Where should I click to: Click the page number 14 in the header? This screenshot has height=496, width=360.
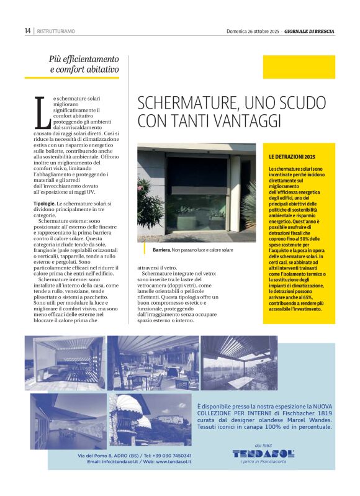(28, 30)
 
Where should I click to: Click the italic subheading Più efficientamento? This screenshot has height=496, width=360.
(84, 59)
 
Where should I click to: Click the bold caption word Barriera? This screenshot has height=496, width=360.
(163, 250)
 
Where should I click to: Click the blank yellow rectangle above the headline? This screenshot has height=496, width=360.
(299, 67)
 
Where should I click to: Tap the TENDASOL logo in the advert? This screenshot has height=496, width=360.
(263, 453)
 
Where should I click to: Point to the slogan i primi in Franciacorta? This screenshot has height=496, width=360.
(263, 462)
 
